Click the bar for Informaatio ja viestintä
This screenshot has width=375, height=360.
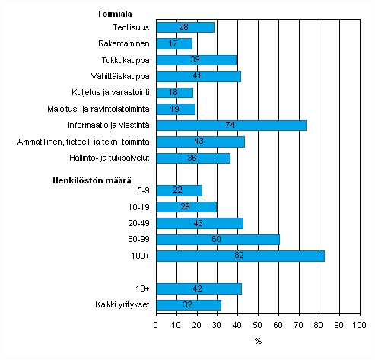tap(231, 126)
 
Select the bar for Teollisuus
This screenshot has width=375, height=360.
tap(185, 27)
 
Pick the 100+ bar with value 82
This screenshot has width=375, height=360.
tap(240, 256)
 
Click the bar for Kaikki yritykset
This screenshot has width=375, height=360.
tap(188, 304)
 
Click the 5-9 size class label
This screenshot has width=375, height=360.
tap(141, 190)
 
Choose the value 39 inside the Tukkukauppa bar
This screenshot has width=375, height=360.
tap(195, 60)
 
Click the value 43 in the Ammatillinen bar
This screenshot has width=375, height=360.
tap(200, 142)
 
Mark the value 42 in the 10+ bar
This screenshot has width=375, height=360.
tap(199, 288)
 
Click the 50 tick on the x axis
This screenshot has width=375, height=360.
tap(258, 326)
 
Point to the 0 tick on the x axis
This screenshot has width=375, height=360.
tap(157, 326)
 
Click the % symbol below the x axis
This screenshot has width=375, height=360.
tap(258, 340)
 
